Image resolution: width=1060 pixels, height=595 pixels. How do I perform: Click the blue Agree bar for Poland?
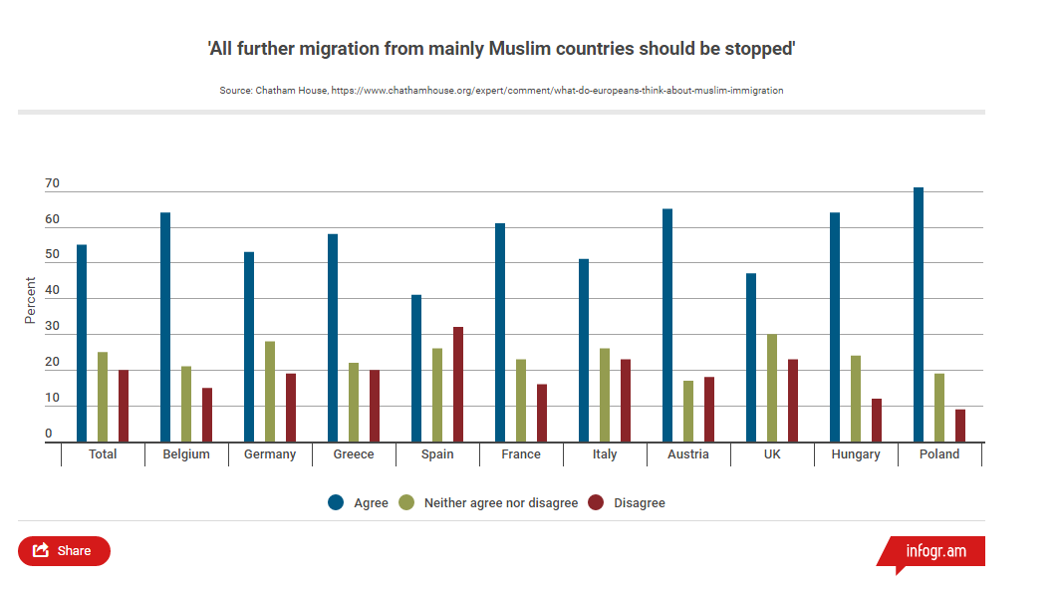click(919, 315)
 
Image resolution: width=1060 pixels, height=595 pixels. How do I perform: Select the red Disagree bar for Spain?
click(458, 385)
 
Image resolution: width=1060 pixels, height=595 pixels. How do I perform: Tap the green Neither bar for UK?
click(772, 388)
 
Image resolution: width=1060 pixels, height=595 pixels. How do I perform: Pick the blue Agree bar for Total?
click(82, 344)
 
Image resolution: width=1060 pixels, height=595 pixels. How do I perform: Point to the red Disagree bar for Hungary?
click(877, 421)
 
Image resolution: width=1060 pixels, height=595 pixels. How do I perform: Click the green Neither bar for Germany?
click(270, 392)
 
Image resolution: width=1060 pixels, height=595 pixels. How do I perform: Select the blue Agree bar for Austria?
click(667, 326)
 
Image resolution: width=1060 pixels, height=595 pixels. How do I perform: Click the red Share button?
click(64, 550)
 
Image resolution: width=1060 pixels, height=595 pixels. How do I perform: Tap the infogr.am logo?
click(934, 551)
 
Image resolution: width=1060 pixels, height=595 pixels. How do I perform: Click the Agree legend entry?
click(360, 503)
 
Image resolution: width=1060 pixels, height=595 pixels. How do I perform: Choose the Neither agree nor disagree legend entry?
click(488, 503)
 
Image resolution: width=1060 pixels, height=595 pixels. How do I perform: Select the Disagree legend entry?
click(627, 503)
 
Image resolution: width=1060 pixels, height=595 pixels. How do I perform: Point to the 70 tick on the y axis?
click(52, 184)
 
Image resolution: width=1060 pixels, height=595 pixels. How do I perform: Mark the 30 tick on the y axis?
click(52, 327)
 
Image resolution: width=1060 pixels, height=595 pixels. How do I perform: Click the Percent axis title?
click(30, 300)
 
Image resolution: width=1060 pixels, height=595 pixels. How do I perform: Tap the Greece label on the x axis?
click(354, 454)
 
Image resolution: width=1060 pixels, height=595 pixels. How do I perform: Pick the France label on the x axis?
click(521, 454)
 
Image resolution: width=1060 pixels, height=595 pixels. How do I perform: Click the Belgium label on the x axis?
click(186, 454)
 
